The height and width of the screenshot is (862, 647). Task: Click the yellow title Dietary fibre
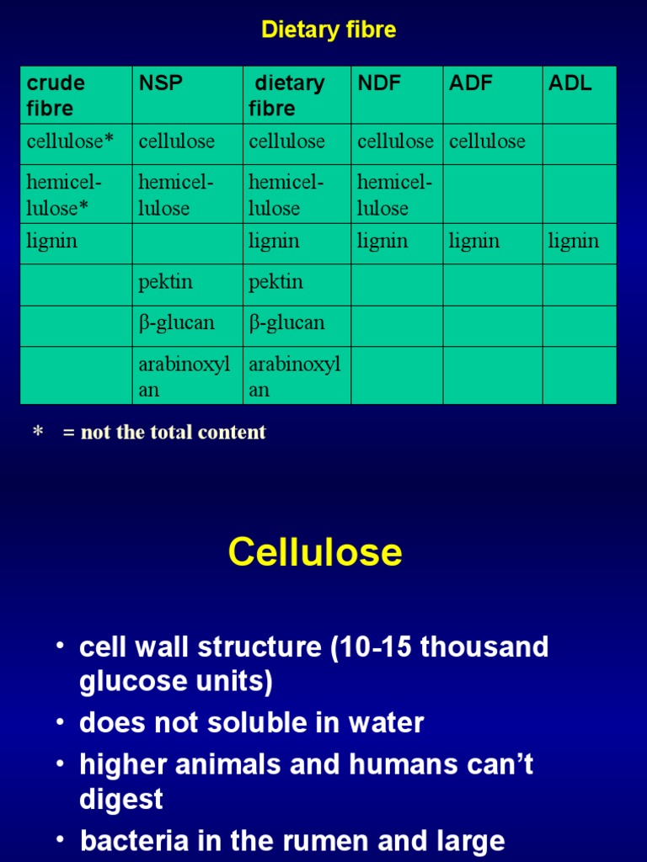point(329,30)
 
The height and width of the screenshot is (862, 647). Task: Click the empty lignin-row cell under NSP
point(187,242)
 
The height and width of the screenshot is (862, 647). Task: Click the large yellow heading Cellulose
point(315,552)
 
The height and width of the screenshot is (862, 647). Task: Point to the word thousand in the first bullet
point(484,647)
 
